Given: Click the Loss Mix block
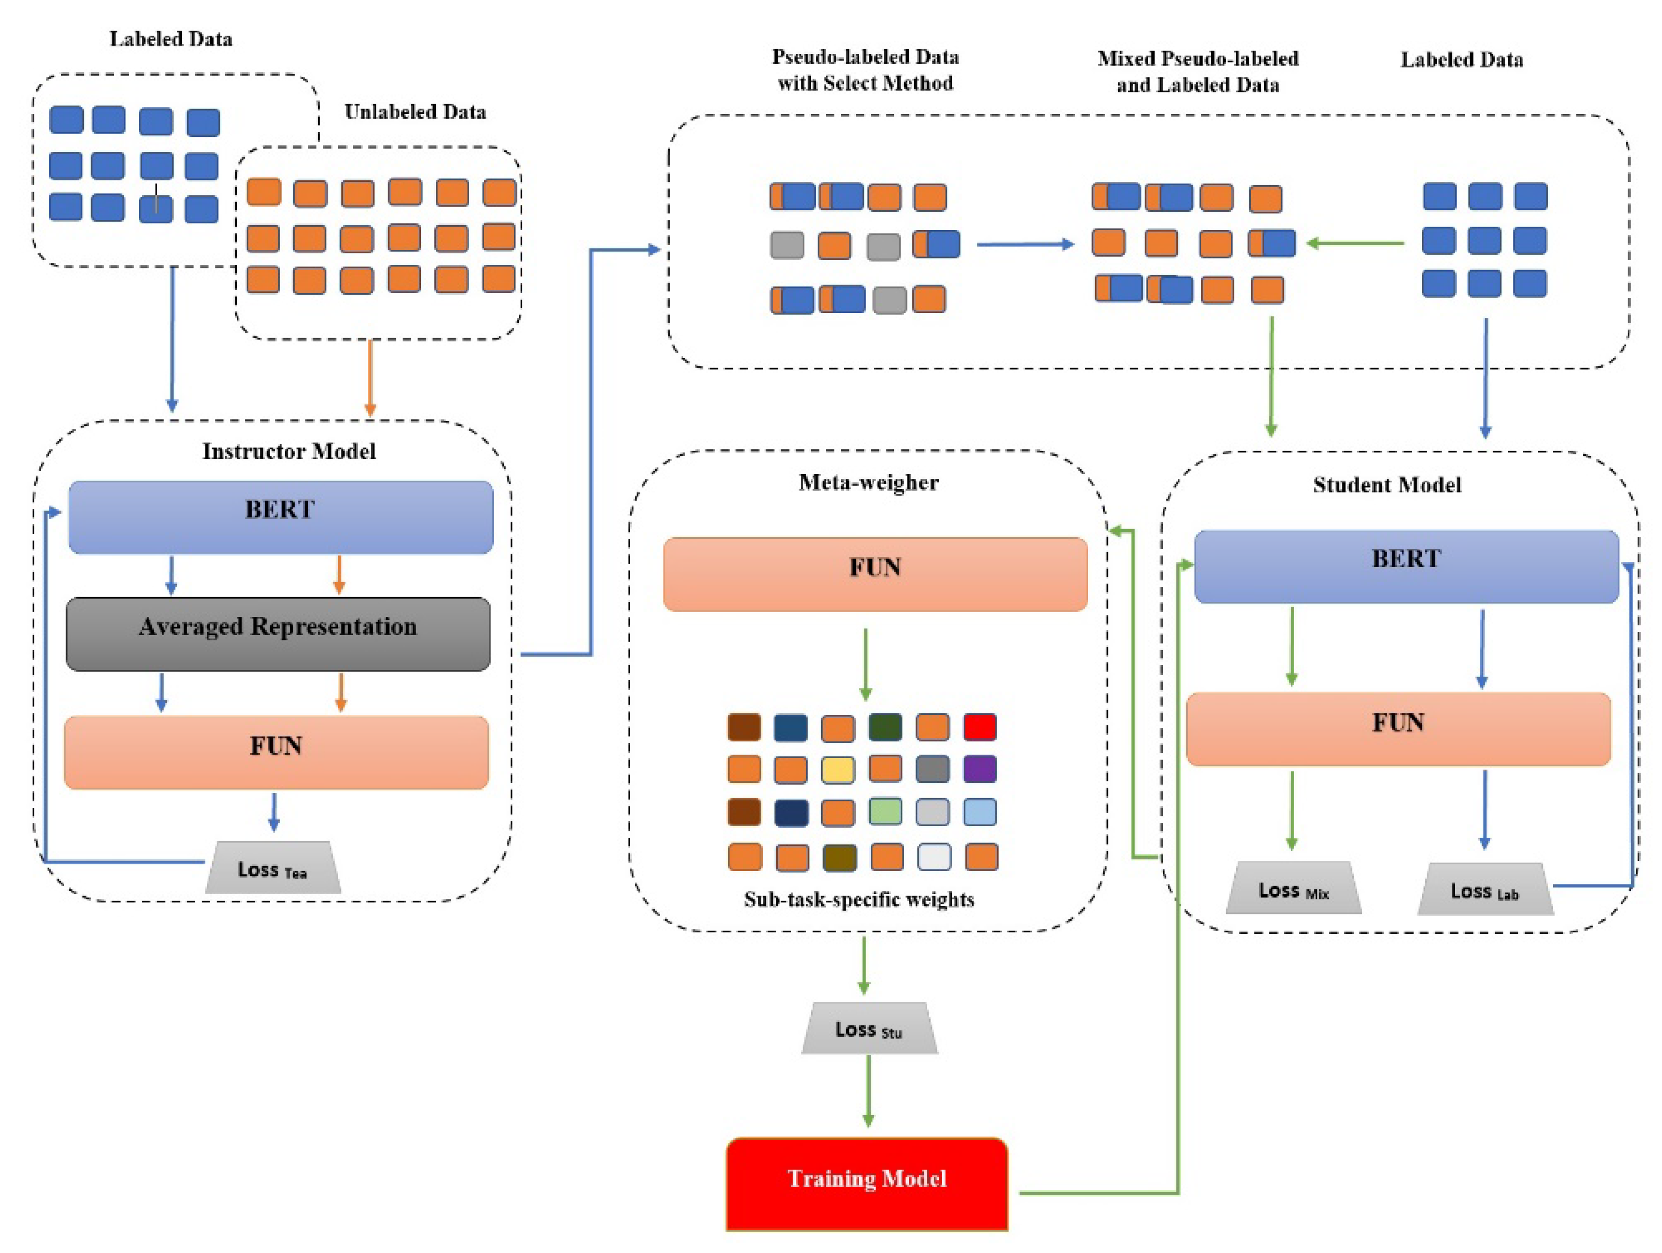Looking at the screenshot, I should pyautogui.click(x=1293, y=890).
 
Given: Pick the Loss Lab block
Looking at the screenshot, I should pyautogui.click(x=1485, y=891).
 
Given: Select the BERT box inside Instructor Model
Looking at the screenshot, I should pyautogui.click(x=280, y=517).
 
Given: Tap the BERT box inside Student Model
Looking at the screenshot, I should pyautogui.click(x=1406, y=567).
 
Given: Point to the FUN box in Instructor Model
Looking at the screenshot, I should pyautogui.click(x=276, y=751).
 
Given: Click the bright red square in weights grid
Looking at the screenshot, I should pyautogui.click(x=980, y=727).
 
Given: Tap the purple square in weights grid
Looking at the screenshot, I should pyautogui.click(x=980, y=769).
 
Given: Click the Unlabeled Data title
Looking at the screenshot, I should pyautogui.click(x=415, y=112).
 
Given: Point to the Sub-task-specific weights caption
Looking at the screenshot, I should pyautogui.click(x=859, y=899).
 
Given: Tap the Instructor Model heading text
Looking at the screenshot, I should pyautogui.click(x=288, y=451).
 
